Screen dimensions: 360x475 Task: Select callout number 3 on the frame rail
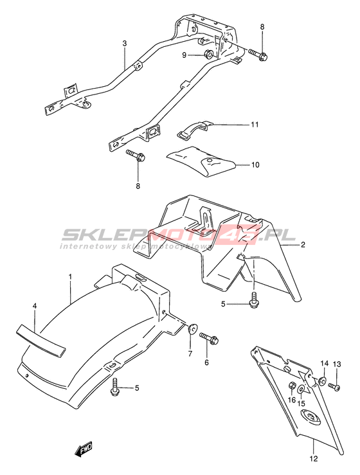pos(124,43)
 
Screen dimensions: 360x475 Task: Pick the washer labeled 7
pos(192,328)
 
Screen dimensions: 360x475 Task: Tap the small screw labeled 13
pos(334,386)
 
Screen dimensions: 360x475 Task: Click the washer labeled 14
pos(323,380)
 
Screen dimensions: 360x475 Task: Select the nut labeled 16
pos(291,385)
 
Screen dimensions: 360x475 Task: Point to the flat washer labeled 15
pos(301,389)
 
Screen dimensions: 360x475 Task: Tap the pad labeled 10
pos(202,161)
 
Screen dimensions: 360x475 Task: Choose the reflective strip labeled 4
pos(40,339)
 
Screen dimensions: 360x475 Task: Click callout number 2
pos(303,244)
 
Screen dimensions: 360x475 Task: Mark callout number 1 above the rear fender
pos(70,276)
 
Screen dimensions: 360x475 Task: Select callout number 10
pos(255,165)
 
